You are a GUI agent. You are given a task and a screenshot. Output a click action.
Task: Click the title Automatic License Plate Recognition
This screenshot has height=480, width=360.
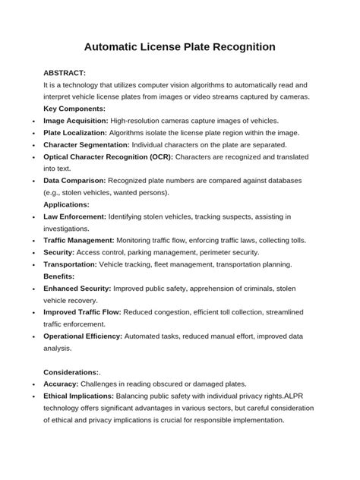tap(179, 47)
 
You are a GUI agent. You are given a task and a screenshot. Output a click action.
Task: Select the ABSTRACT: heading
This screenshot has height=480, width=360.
tap(70, 72)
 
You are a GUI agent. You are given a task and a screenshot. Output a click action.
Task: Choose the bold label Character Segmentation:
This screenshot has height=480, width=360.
tap(87, 144)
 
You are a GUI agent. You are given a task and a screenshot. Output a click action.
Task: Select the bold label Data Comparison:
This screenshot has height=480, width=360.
tap(75, 181)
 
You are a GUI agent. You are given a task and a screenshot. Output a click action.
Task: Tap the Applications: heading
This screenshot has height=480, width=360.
tap(67, 204)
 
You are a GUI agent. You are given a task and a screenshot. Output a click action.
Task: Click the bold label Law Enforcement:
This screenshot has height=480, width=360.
tap(76, 216)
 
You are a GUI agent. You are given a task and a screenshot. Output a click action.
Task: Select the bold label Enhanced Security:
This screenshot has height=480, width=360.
tap(77, 289)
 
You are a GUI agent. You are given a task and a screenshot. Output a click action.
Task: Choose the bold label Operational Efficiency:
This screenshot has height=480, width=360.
tap(87, 336)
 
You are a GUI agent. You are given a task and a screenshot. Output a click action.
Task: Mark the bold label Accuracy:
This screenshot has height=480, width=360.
tap(64, 384)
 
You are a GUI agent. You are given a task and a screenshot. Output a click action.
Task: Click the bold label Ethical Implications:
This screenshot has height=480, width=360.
tap(79, 396)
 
